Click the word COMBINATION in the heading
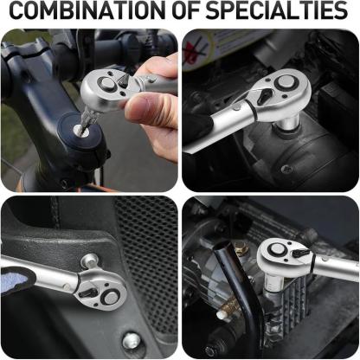click(88, 10)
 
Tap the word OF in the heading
click(186, 10)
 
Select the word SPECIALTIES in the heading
click(277, 10)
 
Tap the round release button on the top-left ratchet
click(107, 84)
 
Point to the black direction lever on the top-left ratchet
click(124, 80)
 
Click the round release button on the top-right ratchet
click(286, 82)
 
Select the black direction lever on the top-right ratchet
click(266, 96)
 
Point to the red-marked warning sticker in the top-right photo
click(198, 48)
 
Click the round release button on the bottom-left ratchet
click(111, 297)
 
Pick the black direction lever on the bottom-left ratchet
click(88, 293)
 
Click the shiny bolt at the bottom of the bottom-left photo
click(132, 340)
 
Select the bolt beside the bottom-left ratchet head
click(90, 260)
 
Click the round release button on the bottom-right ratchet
click(278, 249)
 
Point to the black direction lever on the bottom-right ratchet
click(301, 254)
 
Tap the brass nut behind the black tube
click(241, 248)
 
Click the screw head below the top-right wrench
click(286, 170)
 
